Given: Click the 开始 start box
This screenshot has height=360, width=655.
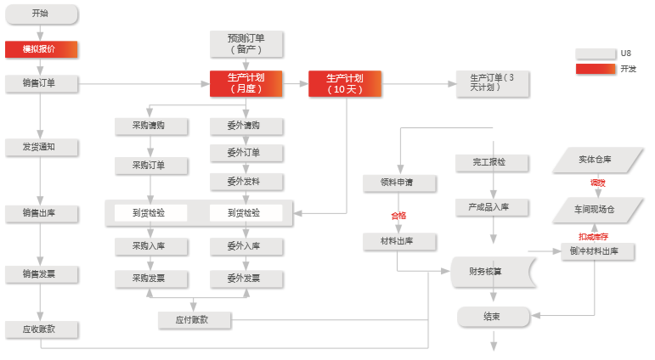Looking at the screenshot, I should pyautogui.click(x=41, y=14).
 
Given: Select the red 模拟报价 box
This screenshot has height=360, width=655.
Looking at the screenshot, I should pyautogui.click(x=41, y=49).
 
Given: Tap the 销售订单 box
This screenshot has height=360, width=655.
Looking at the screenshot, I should pyautogui.click(x=41, y=83).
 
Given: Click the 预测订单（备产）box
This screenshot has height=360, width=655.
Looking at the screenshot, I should pyautogui.click(x=246, y=43).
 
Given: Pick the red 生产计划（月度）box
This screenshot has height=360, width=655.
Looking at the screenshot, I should pyautogui.click(x=246, y=82).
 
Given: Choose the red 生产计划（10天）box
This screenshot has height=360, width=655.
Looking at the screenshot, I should pyautogui.click(x=344, y=83).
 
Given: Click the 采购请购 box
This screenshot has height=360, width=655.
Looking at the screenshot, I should pyautogui.click(x=150, y=126).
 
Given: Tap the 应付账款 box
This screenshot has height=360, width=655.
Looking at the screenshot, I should pyautogui.click(x=193, y=319).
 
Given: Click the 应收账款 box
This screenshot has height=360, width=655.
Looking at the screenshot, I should pyautogui.click(x=41, y=329).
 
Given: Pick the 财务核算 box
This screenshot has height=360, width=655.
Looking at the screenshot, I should pyautogui.click(x=490, y=272).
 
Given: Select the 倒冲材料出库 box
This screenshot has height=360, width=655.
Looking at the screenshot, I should pyautogui.click(x=601, y=251).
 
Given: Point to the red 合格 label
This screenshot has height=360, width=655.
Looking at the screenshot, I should pyautogui.click(x=398, y=215).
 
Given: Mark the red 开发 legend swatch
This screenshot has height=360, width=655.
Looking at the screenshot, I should pyautogui.click(x=595, y=69).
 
